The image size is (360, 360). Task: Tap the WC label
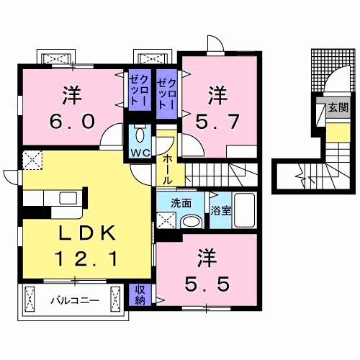[x=140, y=152]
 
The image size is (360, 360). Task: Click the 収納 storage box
[x=141, y=294]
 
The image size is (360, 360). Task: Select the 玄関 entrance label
[x=336, y=109]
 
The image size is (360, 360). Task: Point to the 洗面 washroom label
[x=181, y=203]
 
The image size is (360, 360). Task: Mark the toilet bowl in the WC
[x=140, y=135]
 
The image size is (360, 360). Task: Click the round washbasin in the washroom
[x=192, y=222]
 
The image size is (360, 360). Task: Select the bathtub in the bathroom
[x=244, y=212]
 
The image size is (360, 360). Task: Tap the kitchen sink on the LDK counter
[x=66, y=197]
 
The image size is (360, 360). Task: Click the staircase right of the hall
[x=223, y=173]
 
